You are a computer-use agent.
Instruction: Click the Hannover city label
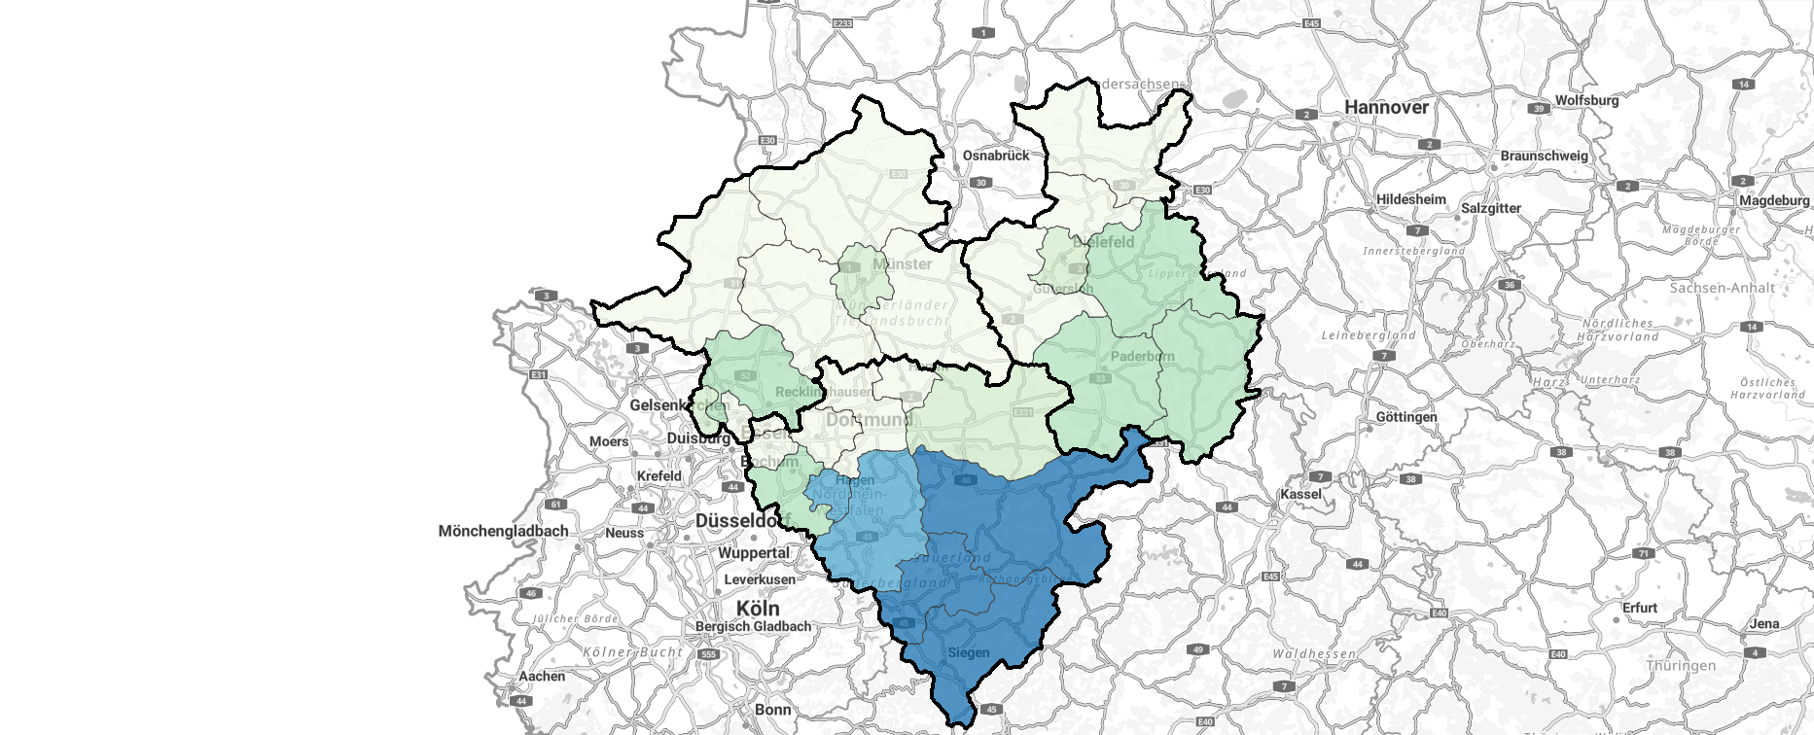pos(1386,108)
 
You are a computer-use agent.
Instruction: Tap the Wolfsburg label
pos(1586,100)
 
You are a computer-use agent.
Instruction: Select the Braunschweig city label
pos(1544,156)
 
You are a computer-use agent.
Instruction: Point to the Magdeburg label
pos(1774,200)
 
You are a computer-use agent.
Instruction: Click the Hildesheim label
pos(1410,199)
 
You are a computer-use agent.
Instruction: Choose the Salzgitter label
pos(1491,208)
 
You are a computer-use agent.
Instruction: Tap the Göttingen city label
pos(1405,417)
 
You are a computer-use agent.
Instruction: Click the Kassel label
pos(1300,494)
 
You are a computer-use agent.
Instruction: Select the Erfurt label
pos(1639,608)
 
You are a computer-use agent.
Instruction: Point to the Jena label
pos(1764,624)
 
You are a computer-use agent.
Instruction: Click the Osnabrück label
pos(995,156)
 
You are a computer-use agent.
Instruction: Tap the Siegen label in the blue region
pos(968,652)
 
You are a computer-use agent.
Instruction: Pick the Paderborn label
pos(1142,356)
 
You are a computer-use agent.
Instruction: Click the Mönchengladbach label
pos(503,531)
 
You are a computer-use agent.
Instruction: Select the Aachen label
pos(542,676)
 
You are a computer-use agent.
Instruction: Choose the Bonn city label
pos(772,710)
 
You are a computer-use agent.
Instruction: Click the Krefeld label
pos(658,476)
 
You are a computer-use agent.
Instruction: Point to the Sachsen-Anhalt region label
pos(1722,288)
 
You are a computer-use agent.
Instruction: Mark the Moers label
pos(608,441)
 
